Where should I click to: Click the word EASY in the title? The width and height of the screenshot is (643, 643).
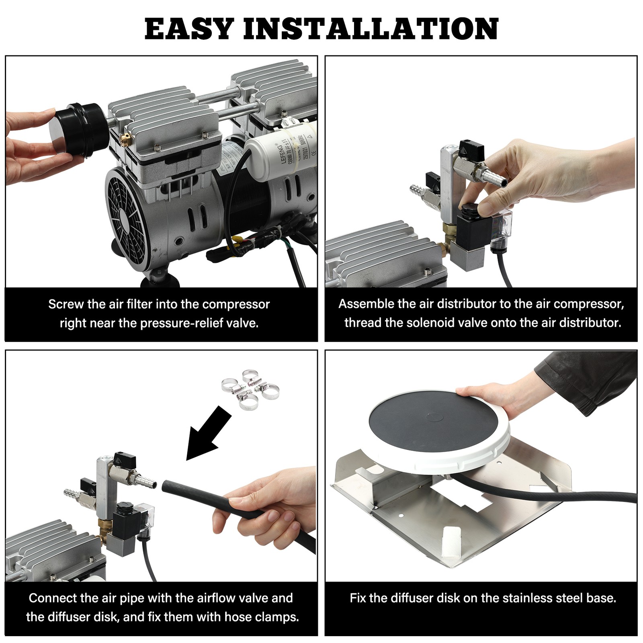[189, 29]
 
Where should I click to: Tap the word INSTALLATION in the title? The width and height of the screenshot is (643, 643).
[371, 29]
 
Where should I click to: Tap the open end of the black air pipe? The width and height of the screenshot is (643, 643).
[166, 486]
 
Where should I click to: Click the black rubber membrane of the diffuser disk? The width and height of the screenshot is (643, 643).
[432, 422]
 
